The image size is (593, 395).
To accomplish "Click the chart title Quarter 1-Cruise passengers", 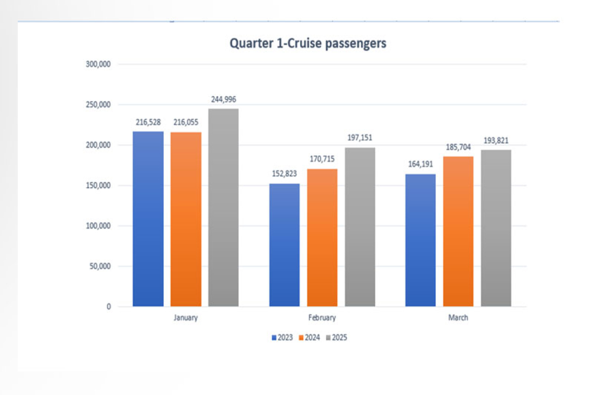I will click(308, 44).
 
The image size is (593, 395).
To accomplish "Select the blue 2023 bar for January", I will click(148, 218).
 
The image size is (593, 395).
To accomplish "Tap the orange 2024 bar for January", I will click(186, 219).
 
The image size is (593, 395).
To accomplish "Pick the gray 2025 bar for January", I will click(224, 208).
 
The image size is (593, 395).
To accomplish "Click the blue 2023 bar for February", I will click(285, 244).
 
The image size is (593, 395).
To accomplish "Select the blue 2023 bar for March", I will click(420, 240).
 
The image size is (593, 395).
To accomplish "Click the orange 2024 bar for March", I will click(458, 231).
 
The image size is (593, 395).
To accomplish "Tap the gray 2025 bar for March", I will click(496, 228).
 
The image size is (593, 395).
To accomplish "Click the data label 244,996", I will click(224, 99).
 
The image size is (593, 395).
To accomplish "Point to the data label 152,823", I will click(285, 174).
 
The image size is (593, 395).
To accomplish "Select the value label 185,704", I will click(458, 147).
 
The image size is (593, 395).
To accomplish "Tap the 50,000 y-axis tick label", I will click(100, 266).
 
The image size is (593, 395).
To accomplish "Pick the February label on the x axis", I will click(322, 318).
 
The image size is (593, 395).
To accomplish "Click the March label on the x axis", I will click(458, 318).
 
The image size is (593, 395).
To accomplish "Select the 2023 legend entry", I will click(283, 338).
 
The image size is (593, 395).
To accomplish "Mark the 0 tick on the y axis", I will click(109, 307).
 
